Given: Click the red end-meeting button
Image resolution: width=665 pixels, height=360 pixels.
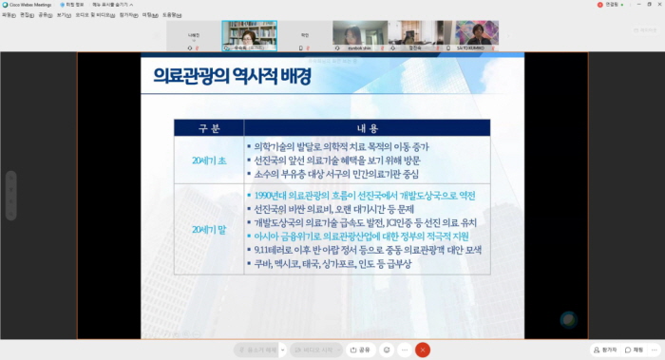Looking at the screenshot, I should click(423, 350).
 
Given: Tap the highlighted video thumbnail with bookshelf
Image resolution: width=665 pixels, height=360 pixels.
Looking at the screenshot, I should click(248, 37).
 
